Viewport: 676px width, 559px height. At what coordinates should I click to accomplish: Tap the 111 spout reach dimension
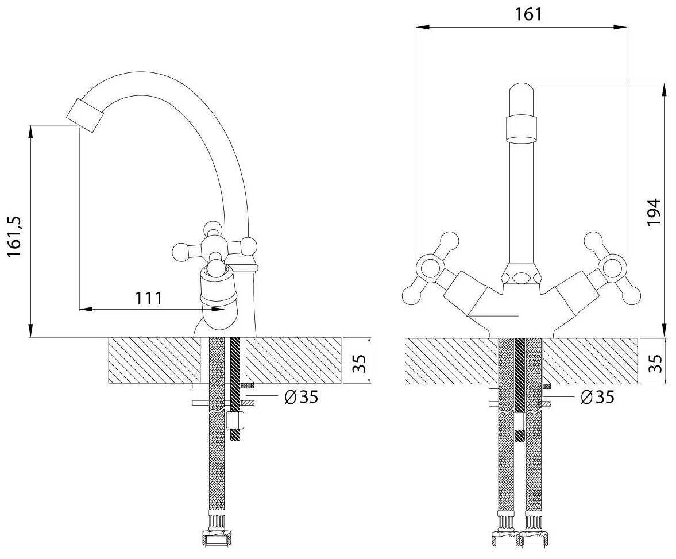pyautogui.click(x=148, y=298)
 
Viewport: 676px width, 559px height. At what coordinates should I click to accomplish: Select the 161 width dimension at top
pyautogui.click(x=528, y=14)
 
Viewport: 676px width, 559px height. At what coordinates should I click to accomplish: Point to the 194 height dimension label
pyautogui.click(x=654, y=213)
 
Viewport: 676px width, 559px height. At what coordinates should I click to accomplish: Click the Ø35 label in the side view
pyautogui.click(x=301, y=396)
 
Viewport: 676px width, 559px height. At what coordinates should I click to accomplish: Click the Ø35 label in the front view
pyautogui.click(x=597, y=396)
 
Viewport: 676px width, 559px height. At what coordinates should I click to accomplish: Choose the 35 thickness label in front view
pyautogui.click(x=656, y=363)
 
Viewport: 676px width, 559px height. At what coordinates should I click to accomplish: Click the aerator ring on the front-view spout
pyautogui.click(x=522, y=128)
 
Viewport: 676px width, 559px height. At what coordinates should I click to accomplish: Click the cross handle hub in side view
pyautogui.click(x=215, y=248)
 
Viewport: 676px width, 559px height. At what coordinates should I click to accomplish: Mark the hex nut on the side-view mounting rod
pyautogui.click(x=235, y=421)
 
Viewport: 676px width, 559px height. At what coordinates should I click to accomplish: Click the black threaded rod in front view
pyautogui.click(x=520, y=373)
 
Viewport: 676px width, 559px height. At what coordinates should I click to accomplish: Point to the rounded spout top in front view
pyautogui.click(x=522, y=92)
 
